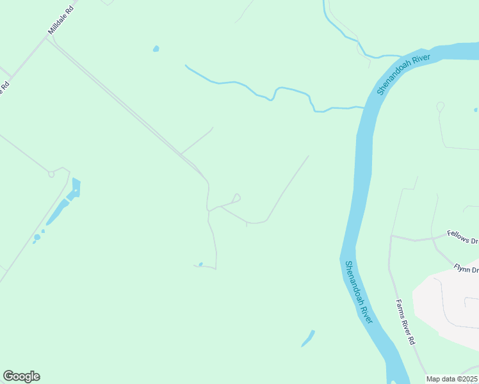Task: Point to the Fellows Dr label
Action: (463, 237)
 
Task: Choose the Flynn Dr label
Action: (466, 269)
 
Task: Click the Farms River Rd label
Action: (406, 323)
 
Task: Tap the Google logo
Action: (21, 376)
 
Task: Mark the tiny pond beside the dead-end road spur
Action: (200, 264)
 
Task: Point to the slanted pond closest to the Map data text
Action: (308, 339)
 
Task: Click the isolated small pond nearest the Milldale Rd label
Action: (156, 49)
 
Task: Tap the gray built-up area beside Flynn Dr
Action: (448, 301)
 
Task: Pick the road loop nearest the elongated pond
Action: (52, 173)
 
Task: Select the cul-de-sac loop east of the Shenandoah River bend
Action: (440, 106)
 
